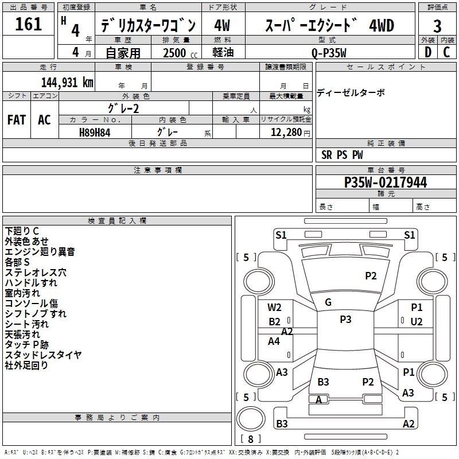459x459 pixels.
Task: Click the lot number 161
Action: click(x=28, y=25)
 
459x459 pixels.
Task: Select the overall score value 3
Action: click(x=437, y=26)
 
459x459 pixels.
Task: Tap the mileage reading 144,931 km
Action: click(x=67, y=82)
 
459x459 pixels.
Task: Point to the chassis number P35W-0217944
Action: click(x=385, y=182)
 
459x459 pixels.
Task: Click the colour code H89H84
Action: click(x=95, y=132)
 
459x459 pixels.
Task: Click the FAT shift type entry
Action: click(x=17, y=120)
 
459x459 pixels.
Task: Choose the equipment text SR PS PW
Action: click(x=342, y=155)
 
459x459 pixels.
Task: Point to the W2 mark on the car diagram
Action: click(x=274, y=308)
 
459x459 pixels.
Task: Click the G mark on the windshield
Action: click(x=328, y=302)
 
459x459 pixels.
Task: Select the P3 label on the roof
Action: click(x=345, y=320)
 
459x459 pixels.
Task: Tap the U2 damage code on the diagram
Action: click(x=416, y=321)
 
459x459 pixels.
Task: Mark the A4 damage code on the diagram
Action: click(x=274, y=341)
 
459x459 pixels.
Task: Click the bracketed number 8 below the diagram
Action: click(x=250, y=439)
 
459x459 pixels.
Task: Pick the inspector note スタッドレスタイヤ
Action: click(x=43, y=355)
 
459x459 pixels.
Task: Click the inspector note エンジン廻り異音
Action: click(x=40, y=251)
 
